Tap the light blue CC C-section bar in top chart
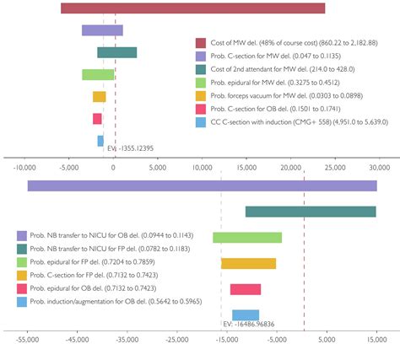pyautogui.click(x=100, y=141)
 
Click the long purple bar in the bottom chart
pyautogui.click(x=202, y=185)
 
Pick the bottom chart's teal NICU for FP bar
pyautogui.click(x=311, y=212)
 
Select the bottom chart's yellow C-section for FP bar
pyautogui.click(x=249, y=264)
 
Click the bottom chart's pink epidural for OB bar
pyautogui.click(x=246, y=289)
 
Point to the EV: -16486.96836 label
pyautogui.click(x=249, y=324)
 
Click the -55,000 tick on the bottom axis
pyautogui.click(x=28, y=341)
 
